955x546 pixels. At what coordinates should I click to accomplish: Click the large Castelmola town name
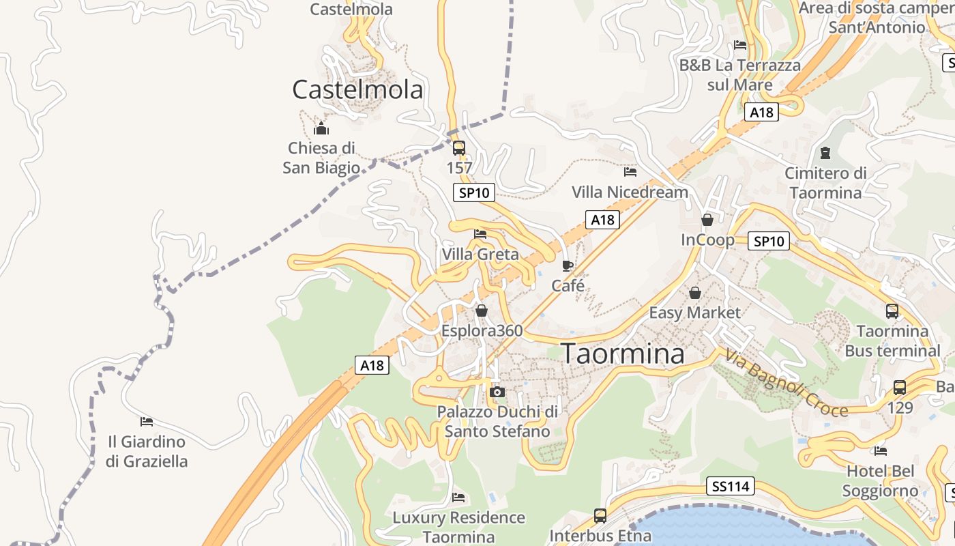(357, 89)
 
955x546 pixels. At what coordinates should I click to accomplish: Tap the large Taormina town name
(623, 354)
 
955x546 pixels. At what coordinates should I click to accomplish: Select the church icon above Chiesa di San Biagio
(321, 128)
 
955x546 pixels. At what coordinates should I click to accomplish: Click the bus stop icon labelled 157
(459, 147)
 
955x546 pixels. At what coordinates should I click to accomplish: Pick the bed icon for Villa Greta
(480, 234)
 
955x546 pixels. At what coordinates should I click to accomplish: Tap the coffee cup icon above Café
(568, 265)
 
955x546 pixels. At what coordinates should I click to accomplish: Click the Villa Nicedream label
(630, 192)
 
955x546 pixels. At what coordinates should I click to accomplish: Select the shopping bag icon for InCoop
(707, 220)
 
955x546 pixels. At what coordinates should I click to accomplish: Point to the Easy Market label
(694, 313)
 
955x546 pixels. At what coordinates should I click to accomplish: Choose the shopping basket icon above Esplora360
(482, 311)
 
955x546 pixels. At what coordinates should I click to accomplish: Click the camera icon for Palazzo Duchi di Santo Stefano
(497, 392)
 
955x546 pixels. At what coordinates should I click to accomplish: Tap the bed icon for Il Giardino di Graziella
(147, 421)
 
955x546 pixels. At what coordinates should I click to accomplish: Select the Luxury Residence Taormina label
(458, 527)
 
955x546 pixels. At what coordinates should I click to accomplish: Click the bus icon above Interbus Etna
(600, 516)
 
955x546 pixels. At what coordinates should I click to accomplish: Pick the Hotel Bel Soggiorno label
(880, 480)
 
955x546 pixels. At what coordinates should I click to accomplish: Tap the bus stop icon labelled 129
(900, 388)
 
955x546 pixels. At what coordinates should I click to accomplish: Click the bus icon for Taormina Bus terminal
(892, 311)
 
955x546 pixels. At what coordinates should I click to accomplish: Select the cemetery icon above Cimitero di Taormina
(825, 153)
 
